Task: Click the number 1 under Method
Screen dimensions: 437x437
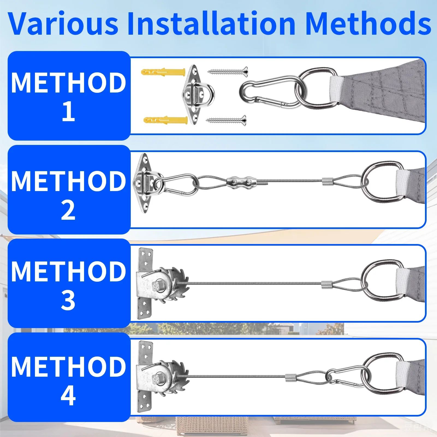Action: click(x=69, y=111)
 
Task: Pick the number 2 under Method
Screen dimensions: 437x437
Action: click(x=68, y=210)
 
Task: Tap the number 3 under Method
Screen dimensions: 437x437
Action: click(x=68, y=300)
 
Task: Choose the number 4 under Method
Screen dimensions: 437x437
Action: click(x=68, y=395)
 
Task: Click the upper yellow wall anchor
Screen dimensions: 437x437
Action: click(x=163, y=72)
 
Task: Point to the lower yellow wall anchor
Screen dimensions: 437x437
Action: click(x=165, y=120)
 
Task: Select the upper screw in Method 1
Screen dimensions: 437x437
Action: click(x=228, y=72)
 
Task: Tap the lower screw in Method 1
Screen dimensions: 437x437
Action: click(x=226, y=120)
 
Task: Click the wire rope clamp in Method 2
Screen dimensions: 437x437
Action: click(x=242, y=181)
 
